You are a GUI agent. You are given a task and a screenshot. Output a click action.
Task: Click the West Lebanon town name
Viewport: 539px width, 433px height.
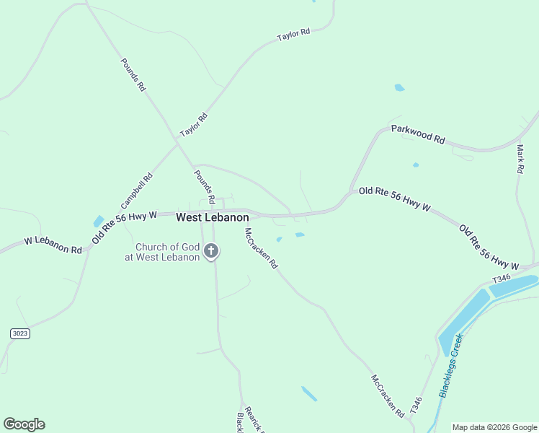point(213,216)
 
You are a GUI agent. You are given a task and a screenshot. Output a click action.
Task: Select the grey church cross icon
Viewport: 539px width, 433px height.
point(211,251)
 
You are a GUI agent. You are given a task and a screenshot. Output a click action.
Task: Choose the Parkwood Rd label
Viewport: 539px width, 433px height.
point(418,134)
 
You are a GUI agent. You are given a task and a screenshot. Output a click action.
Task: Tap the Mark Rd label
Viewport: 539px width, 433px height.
point(520,159)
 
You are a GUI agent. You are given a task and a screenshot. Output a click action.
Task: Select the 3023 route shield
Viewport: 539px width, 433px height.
point(20,333)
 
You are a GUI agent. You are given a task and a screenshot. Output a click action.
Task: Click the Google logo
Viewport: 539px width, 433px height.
point(24,424)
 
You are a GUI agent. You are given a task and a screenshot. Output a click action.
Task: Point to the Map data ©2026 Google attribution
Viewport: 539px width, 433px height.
point(494,427)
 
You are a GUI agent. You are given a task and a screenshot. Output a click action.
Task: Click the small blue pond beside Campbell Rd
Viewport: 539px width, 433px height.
point(98,221)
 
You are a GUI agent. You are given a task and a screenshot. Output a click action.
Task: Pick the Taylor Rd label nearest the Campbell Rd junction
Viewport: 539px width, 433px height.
point(194,124)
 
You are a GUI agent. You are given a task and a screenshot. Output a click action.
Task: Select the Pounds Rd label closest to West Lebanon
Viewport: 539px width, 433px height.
point(205,186)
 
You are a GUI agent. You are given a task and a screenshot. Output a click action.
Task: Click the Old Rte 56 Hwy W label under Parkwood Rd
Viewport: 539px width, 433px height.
point(394,198)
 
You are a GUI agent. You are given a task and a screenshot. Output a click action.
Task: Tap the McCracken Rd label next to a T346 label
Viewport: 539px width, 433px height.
point(388,395)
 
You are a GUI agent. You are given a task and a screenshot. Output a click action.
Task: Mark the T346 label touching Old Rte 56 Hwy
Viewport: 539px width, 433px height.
point(501,279)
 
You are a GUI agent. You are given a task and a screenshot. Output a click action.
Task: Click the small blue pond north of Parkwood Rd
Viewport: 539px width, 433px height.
point(399,88)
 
